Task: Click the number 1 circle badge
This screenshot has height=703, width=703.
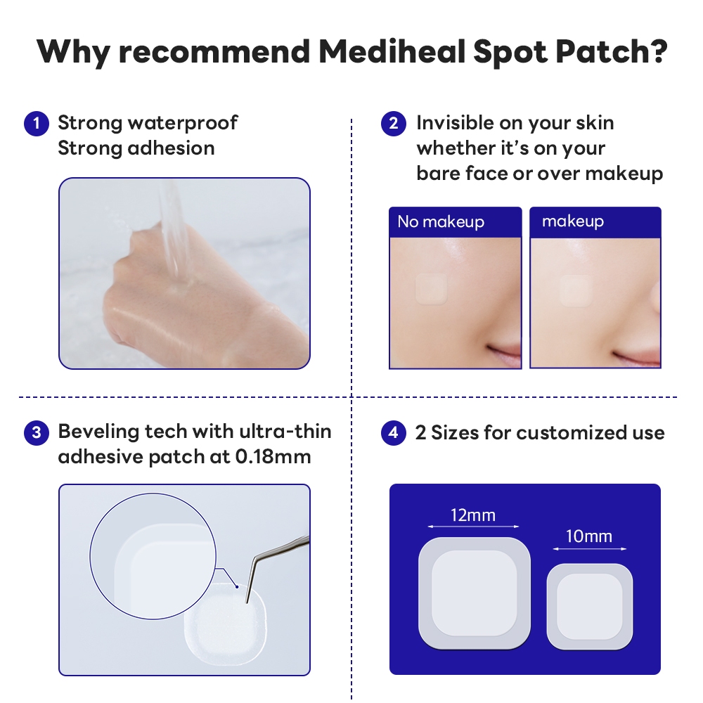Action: pos(37,124)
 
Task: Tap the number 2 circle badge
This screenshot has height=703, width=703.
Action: pos(394,124)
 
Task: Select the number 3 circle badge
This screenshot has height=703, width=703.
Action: pos(37,432)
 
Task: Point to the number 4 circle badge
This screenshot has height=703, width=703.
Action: pos(394,432)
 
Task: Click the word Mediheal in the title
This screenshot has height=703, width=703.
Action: pos(392,51)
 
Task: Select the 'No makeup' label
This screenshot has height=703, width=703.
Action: pos(441,221)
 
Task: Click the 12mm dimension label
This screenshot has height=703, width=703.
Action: pos(473,515)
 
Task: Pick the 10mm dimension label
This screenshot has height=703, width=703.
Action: pos(588,536)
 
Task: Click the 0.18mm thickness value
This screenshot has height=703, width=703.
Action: pos(273,457)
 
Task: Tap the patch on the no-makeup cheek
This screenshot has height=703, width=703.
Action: pos(432,289)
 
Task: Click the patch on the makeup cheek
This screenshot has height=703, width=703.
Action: pos(576,290)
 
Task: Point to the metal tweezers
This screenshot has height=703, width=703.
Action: pos(273,560)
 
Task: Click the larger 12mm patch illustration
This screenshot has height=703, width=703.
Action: pos(475,593)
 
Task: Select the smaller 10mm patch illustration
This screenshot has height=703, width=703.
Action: pos(590,607)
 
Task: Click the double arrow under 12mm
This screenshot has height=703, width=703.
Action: pos(473,527)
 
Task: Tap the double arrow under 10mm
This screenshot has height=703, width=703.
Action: pos(589,548)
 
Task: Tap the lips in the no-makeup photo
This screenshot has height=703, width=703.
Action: pos(504,352)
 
